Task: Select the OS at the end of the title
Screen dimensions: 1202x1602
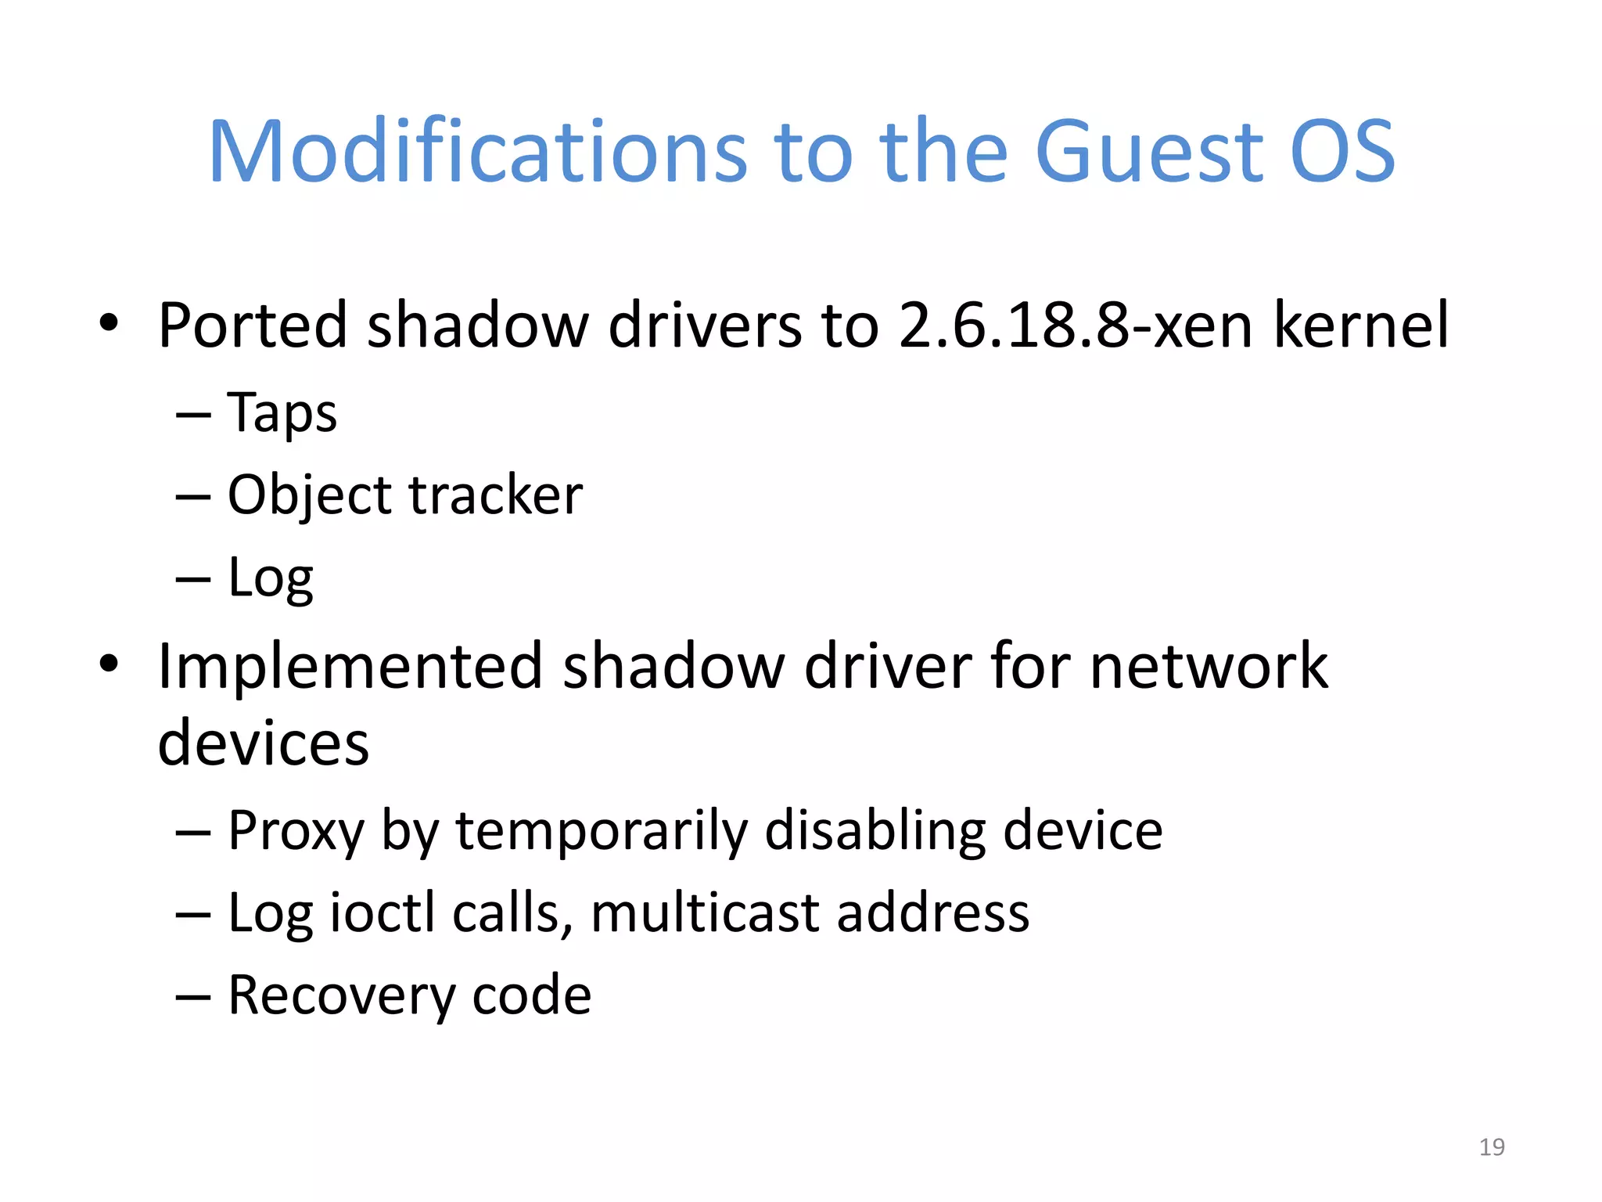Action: [x=1342, y=153]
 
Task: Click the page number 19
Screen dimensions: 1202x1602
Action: [x=1492, y=1147]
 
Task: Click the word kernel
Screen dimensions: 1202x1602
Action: [x=1361, y=325]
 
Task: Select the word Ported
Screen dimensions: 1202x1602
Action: [x=252, y=325]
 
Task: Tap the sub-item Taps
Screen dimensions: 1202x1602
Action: [x=282, y=413]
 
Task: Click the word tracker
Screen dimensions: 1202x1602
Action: [x=495, y=495]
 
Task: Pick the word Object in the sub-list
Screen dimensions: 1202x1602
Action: [x=311, y=497]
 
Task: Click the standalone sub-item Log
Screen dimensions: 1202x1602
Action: [x=270, y=579]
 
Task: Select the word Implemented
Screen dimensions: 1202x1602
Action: [x=350, y=667]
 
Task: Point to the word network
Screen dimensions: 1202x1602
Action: [x=1209, y=667]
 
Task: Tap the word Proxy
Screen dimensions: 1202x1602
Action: [x=296, y=831]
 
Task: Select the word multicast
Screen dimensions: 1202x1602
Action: [x=704, y=913]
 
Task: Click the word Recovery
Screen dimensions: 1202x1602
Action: [x=340, y=995]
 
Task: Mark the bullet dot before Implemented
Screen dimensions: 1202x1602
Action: [x=109, y=664]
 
